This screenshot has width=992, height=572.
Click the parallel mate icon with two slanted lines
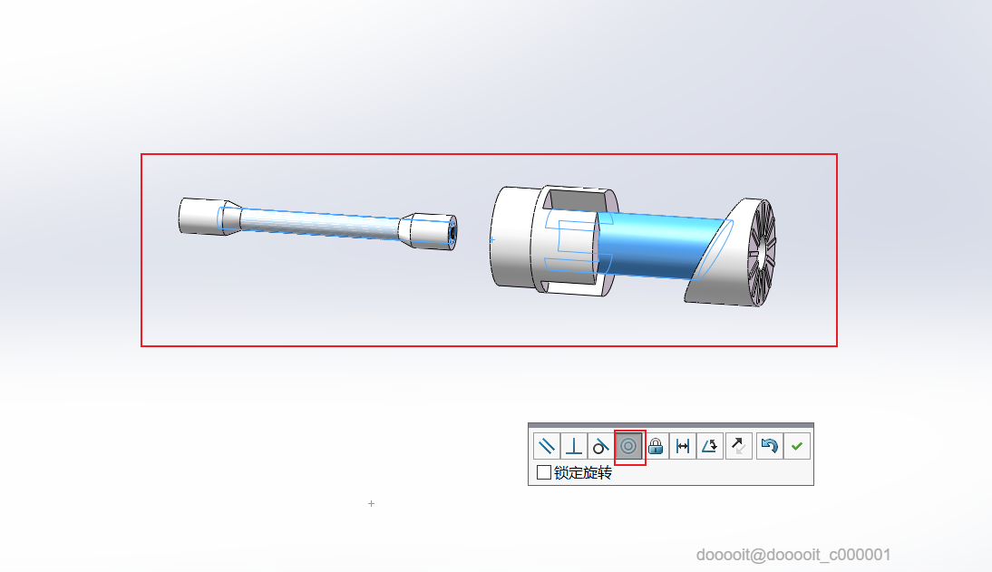(546, 446)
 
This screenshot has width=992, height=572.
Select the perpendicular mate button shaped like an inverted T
(574, 446)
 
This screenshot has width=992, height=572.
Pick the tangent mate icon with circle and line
(600, 446)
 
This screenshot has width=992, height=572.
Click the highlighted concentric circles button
(628, 446)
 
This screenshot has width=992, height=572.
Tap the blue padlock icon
(656, 446)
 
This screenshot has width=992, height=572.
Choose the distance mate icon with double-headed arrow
(683, 446)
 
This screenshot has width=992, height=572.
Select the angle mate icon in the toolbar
(710, 446)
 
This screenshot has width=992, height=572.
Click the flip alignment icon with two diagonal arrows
(738, 446)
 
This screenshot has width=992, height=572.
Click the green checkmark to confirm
(796, 446)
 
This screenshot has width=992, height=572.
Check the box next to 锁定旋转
(543, 472)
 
